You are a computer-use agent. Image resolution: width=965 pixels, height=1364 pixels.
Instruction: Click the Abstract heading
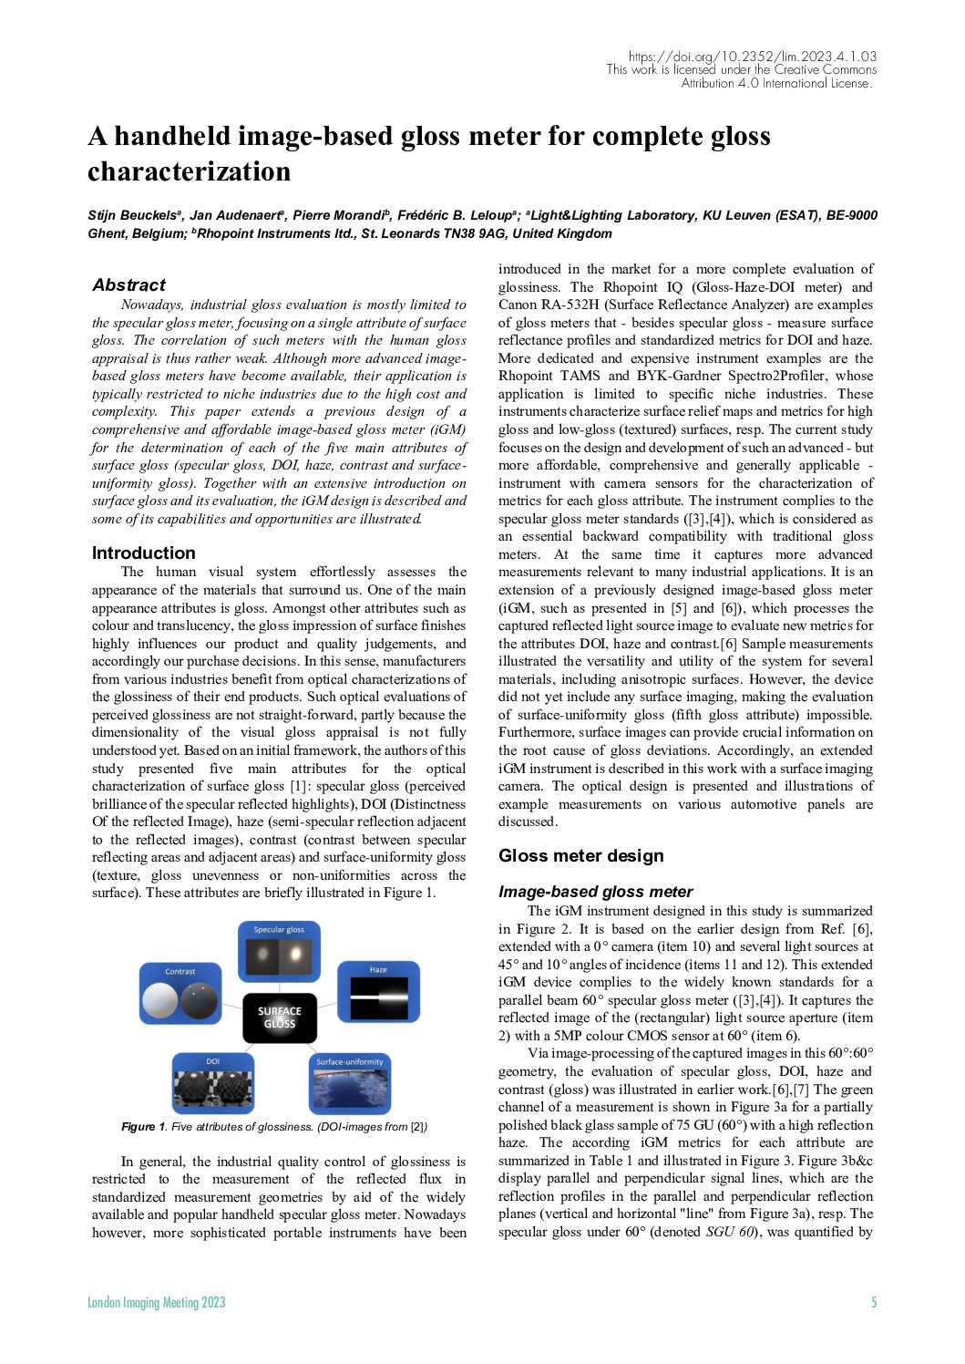coord(128,285)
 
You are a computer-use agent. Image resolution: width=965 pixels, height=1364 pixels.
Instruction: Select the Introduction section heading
coord(143,553)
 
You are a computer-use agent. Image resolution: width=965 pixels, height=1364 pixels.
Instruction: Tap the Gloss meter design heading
coord(580,855)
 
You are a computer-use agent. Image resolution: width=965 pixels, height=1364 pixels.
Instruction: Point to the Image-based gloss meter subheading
coord(595,892)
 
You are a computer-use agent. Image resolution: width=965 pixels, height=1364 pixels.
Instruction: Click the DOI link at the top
coord(752,57)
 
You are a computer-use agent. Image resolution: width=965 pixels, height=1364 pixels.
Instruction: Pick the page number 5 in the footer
coord(873,1302)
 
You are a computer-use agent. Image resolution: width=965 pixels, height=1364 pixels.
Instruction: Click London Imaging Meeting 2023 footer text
coord(156,1302)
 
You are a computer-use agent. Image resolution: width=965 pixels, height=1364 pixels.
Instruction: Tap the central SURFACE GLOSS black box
coord(280,1018)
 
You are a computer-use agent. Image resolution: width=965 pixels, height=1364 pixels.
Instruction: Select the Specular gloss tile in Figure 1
coord(279,951)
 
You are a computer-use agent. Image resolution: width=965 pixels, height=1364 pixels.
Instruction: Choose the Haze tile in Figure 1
coord(378,992)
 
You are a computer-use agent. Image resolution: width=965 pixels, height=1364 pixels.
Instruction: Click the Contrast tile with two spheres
coord(180,994)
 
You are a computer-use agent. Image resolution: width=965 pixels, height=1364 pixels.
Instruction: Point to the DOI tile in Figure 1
coord(213,1082)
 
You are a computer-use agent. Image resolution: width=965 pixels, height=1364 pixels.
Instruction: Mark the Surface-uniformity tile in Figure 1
coord(350,1082)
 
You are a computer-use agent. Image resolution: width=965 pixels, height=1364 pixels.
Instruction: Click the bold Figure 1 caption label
coord(143,1127)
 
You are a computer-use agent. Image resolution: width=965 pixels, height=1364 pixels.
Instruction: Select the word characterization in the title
coord(189,171)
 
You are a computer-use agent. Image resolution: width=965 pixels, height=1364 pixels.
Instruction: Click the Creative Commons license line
coord(741,70)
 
